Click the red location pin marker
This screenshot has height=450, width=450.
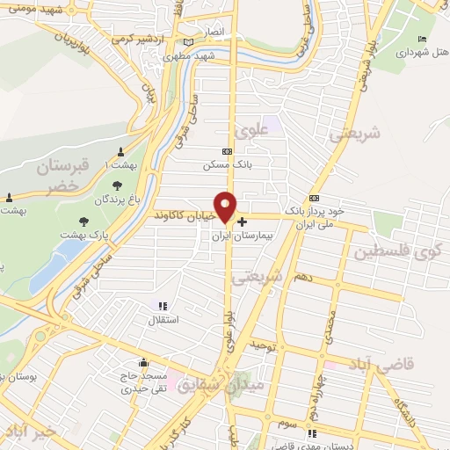tap(226, 206)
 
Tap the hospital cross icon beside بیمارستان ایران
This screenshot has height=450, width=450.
tap(242, 221)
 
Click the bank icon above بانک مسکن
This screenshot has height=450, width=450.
tap(227, 152)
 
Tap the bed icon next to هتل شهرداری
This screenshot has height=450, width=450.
tap(423, 40)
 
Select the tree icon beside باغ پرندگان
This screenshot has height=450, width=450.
tap(117, 185)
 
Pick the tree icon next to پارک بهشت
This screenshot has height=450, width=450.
tap(83, 221)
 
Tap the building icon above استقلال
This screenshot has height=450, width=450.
tap(161, 306)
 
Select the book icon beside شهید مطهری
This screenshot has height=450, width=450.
tap(188, 42)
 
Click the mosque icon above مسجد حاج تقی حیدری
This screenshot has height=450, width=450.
tap(142, 363)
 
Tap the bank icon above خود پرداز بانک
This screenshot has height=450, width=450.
tap(313, 198)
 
